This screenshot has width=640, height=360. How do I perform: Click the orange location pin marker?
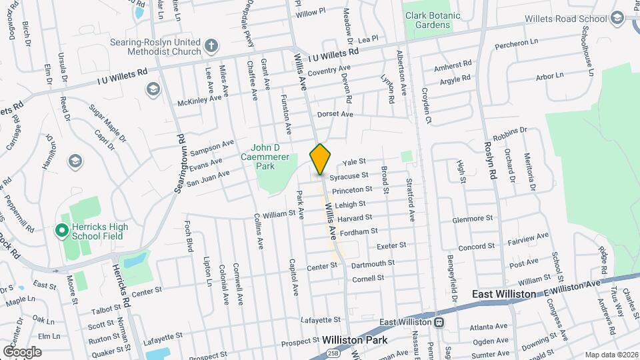click(x=320, y=159)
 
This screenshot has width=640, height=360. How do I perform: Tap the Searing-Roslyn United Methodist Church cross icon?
click(x=211, y=45)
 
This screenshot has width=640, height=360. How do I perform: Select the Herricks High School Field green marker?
click(x=61, y=231)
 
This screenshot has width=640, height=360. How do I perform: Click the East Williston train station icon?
click(x=439, y=323)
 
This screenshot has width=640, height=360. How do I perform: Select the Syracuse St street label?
click(x=354, y=175)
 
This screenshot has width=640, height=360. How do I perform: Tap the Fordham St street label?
click(x=359, y=232)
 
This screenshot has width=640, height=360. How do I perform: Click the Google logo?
click(x=22, y=351)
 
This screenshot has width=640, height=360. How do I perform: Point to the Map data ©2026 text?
click(x=611, y=355)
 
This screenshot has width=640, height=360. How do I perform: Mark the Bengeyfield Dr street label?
click(x=451, y=271)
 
